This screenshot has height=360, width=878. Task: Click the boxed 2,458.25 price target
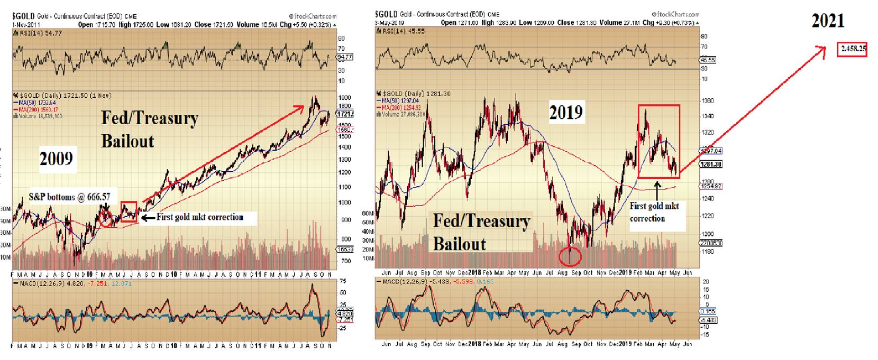tap(853, 49)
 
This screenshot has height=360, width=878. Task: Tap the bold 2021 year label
tap(828, 21)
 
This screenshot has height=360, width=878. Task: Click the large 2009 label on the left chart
tap(56, 158)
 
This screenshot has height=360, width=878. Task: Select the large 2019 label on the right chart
tap(566, 112)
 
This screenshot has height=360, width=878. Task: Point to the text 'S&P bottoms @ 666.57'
tap(70, 197)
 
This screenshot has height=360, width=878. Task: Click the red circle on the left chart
tap(106, 218)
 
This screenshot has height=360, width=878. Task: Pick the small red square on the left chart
tap(129, 211)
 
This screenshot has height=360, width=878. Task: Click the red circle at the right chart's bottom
tap(570, 256)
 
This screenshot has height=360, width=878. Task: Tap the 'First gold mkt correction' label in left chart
tap(200, 217)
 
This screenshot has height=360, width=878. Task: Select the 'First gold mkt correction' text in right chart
tap(654, 212)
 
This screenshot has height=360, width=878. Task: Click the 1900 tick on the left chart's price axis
tap(345, 98)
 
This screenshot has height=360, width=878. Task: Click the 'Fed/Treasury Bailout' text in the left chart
tap(149, 130)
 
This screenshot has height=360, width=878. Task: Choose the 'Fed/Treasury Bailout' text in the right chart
tap(481, 232)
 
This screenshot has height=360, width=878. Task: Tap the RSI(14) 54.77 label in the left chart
tap(32, 33)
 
